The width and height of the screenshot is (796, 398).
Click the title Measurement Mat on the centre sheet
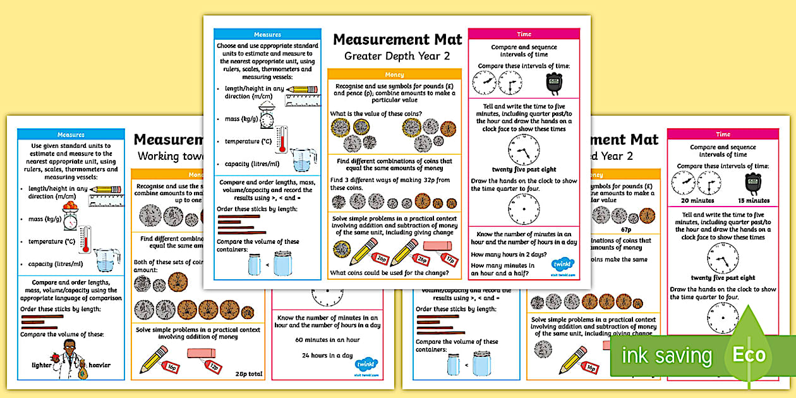[397, 40]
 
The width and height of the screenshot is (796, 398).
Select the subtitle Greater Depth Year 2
[397, 56]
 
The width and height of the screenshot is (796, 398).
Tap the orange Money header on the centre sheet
[394, 75]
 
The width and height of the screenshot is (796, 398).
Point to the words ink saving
[666, 356]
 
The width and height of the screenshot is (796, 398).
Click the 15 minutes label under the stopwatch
[754, 200]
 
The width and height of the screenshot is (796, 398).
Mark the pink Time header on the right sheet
[723, 134]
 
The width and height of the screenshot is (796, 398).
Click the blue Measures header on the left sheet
[71, 135]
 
